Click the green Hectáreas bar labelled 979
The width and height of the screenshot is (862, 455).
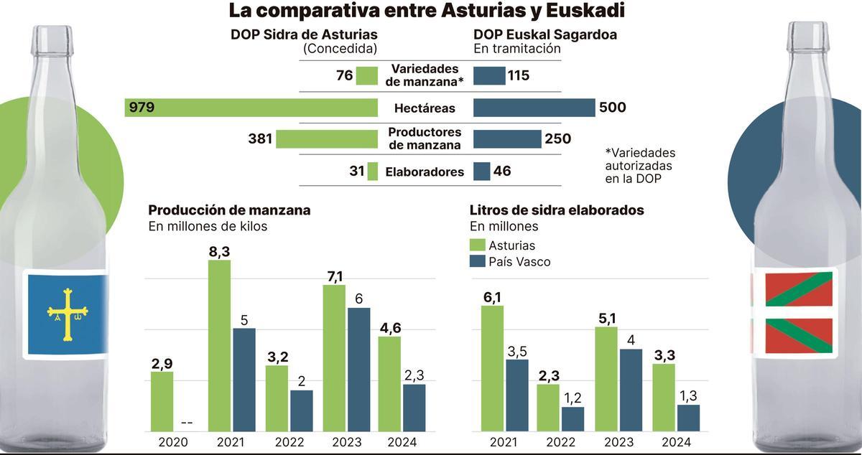(251, 108)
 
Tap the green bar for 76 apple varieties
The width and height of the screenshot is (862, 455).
(367, 75)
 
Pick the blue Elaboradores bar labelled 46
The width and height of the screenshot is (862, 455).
(482, 172)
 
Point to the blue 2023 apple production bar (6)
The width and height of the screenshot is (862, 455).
(358, 370)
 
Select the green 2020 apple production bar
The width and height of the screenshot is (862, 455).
(162, 401)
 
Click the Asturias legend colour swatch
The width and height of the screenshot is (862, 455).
(477, 245)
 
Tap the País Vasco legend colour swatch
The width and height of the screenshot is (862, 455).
(477, 262)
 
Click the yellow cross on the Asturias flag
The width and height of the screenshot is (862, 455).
(68, 313)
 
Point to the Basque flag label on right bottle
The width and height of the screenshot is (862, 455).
(793, 313)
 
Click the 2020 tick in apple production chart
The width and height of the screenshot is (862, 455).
(172, 443)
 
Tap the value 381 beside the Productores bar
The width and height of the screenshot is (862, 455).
(260, 139)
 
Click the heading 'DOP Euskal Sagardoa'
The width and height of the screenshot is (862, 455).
(545, 34)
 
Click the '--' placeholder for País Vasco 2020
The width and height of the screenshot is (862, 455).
(185, 423)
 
